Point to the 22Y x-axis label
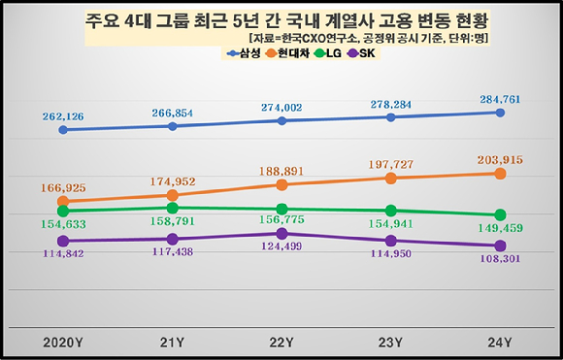[281, 342]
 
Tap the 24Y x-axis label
[500, 342]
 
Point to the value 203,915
[500, 158]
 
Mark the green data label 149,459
[500, 230]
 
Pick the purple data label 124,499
[281, 250]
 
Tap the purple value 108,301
[500, 261]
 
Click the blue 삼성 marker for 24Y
[500, 113]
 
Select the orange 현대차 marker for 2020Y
[63, 202]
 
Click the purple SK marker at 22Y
[281, 234]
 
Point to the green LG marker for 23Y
[390, 211]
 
